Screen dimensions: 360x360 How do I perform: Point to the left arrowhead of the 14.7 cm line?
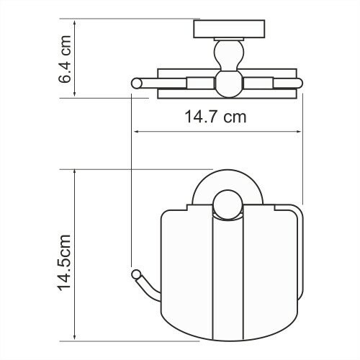click(x=135, y=132)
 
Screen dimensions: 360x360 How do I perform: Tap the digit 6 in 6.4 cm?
click(x=66, y=76)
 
